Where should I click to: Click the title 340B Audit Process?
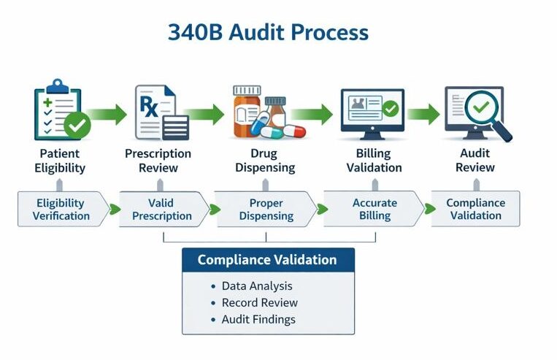268,33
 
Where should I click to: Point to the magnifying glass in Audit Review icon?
486,114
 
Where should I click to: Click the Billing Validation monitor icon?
371,112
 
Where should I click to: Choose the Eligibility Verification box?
61,209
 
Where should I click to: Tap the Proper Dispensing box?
266,209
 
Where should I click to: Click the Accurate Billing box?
374,209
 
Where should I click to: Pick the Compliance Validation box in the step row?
476,209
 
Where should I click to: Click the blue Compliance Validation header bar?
267,260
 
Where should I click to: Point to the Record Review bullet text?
259,302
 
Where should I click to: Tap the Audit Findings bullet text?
258,319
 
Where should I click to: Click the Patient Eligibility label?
60,161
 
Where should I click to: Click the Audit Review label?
475,161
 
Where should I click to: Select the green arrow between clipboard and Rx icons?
107,114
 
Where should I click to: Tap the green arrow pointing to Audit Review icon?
423,114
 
